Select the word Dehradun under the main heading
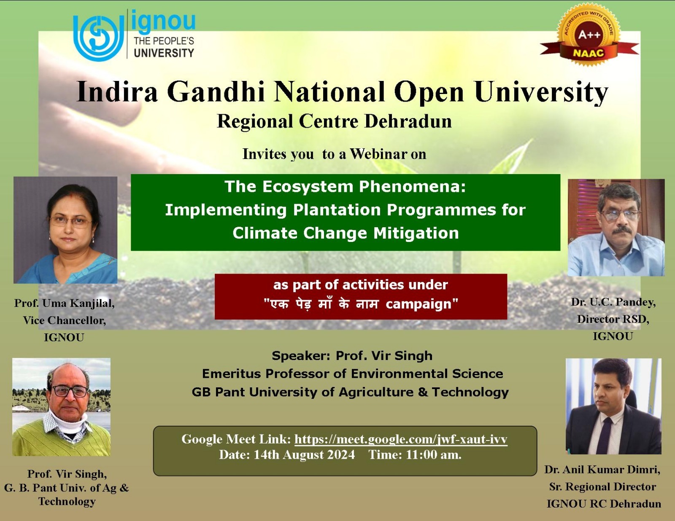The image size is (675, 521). (408, 121)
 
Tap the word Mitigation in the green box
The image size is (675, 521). (416, 233)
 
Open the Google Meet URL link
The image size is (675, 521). (401, 439)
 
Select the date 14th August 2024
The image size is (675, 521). (304, 455)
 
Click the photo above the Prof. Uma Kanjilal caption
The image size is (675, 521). (65, 230)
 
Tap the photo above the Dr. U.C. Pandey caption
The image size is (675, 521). (616, 228)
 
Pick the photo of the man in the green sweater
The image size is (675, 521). (61, 407)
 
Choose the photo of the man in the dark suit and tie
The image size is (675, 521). (613, 406)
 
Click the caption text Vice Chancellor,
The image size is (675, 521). (65, 320)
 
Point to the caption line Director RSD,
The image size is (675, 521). (613, 319)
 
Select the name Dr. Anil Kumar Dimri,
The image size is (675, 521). (602, 470)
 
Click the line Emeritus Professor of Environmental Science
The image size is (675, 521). (353, 373)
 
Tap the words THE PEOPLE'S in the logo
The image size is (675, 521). (164, 41)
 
